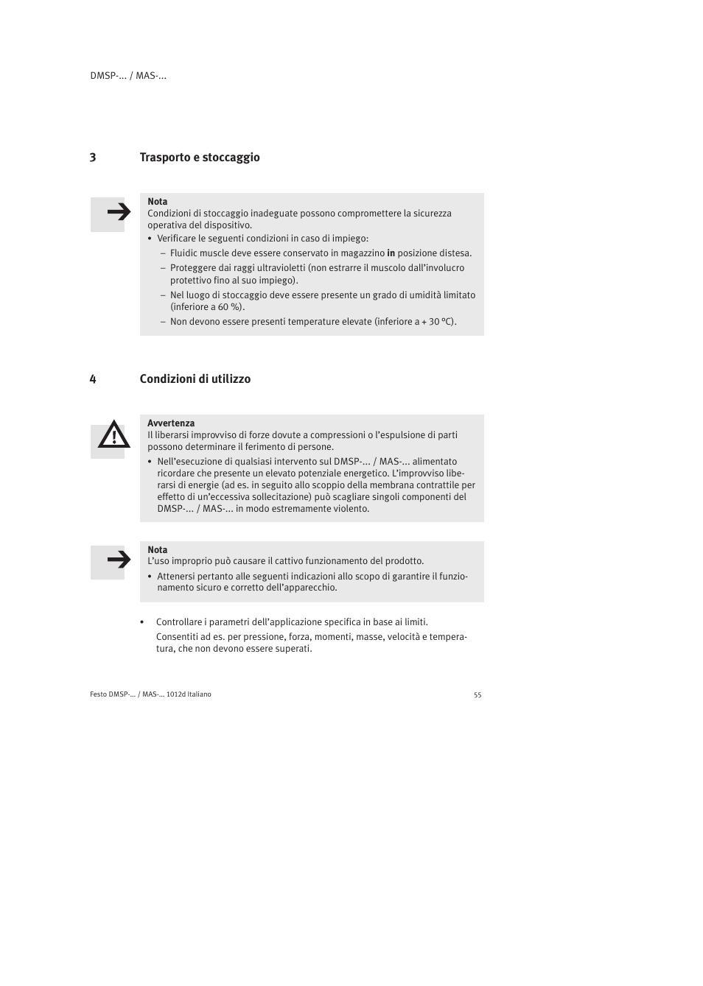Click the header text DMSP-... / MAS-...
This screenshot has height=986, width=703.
click(x=128, y=76)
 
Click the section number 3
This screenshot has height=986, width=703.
click(x=93, y=158)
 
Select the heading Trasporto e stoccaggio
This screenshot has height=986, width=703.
click(x=200, y=158)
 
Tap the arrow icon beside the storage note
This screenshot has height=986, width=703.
click(x=118, y=213)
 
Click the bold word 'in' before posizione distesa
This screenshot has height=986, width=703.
click(x=391, y=253)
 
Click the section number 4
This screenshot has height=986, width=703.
click(x=93, y=379)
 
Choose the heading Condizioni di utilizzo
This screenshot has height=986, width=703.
click(x=195, y=379)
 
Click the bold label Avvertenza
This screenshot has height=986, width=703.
click(x=171, y=423)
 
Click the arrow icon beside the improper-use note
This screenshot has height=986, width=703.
click(x=118, y=560)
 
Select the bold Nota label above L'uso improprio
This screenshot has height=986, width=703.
click(x=157, y=550)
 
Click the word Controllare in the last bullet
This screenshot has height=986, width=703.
click(x=181, y=622)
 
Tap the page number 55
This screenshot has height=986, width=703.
click(x=478, y=695)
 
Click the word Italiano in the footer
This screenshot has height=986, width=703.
click(x=199, y=694)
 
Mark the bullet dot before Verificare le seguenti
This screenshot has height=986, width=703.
click(x=150, y=239)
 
